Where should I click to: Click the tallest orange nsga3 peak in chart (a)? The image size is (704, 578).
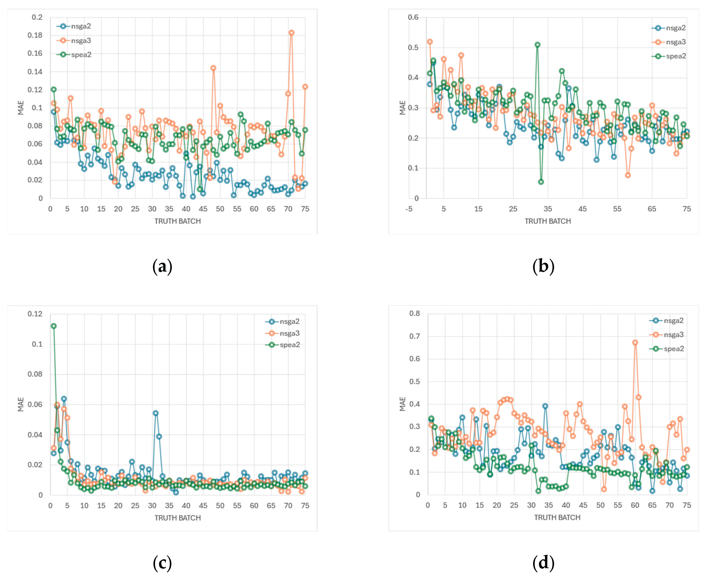point(291,33)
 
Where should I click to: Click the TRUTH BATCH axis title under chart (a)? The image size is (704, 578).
point(178,221)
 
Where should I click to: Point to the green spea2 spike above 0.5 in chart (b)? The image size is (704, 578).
point(537,45)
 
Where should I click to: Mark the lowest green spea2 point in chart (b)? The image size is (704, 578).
point(541,182)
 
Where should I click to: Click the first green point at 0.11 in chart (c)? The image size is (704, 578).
point(53,326)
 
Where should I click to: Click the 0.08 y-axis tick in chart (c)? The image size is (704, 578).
point(35,374)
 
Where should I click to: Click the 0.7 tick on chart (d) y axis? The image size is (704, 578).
point(415,336)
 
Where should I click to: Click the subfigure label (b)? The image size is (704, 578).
point(543,267)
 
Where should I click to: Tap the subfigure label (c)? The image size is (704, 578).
point(162,563)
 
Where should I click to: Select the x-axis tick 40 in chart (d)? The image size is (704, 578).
point(566,505)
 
